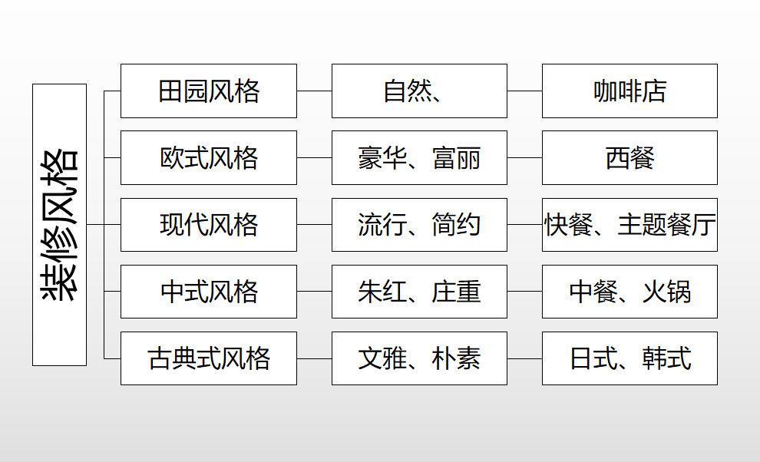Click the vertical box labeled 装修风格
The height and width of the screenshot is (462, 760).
59,224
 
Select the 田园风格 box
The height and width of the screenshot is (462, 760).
208,91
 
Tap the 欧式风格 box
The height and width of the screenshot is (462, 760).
208,157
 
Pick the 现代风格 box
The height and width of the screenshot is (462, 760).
208,224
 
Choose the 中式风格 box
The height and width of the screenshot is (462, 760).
208,292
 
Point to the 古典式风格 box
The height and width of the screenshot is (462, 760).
208,358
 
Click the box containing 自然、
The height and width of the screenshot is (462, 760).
419,91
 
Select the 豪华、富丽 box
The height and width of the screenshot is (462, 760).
419,157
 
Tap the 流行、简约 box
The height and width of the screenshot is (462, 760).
419,224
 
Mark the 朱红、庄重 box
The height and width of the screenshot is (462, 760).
419,292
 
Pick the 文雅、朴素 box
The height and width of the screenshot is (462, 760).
419,358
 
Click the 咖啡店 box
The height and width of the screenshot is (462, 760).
629,91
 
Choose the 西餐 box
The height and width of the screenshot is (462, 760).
629,157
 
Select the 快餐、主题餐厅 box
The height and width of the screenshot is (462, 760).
629,224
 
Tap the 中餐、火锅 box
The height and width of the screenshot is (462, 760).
629,292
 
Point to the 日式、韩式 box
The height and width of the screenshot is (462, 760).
629,358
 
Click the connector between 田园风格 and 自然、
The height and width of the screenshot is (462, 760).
314,91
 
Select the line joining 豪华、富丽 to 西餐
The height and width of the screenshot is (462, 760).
524,157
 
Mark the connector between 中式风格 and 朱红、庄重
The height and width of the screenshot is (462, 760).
314,292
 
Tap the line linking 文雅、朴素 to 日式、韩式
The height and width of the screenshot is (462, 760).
524,358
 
